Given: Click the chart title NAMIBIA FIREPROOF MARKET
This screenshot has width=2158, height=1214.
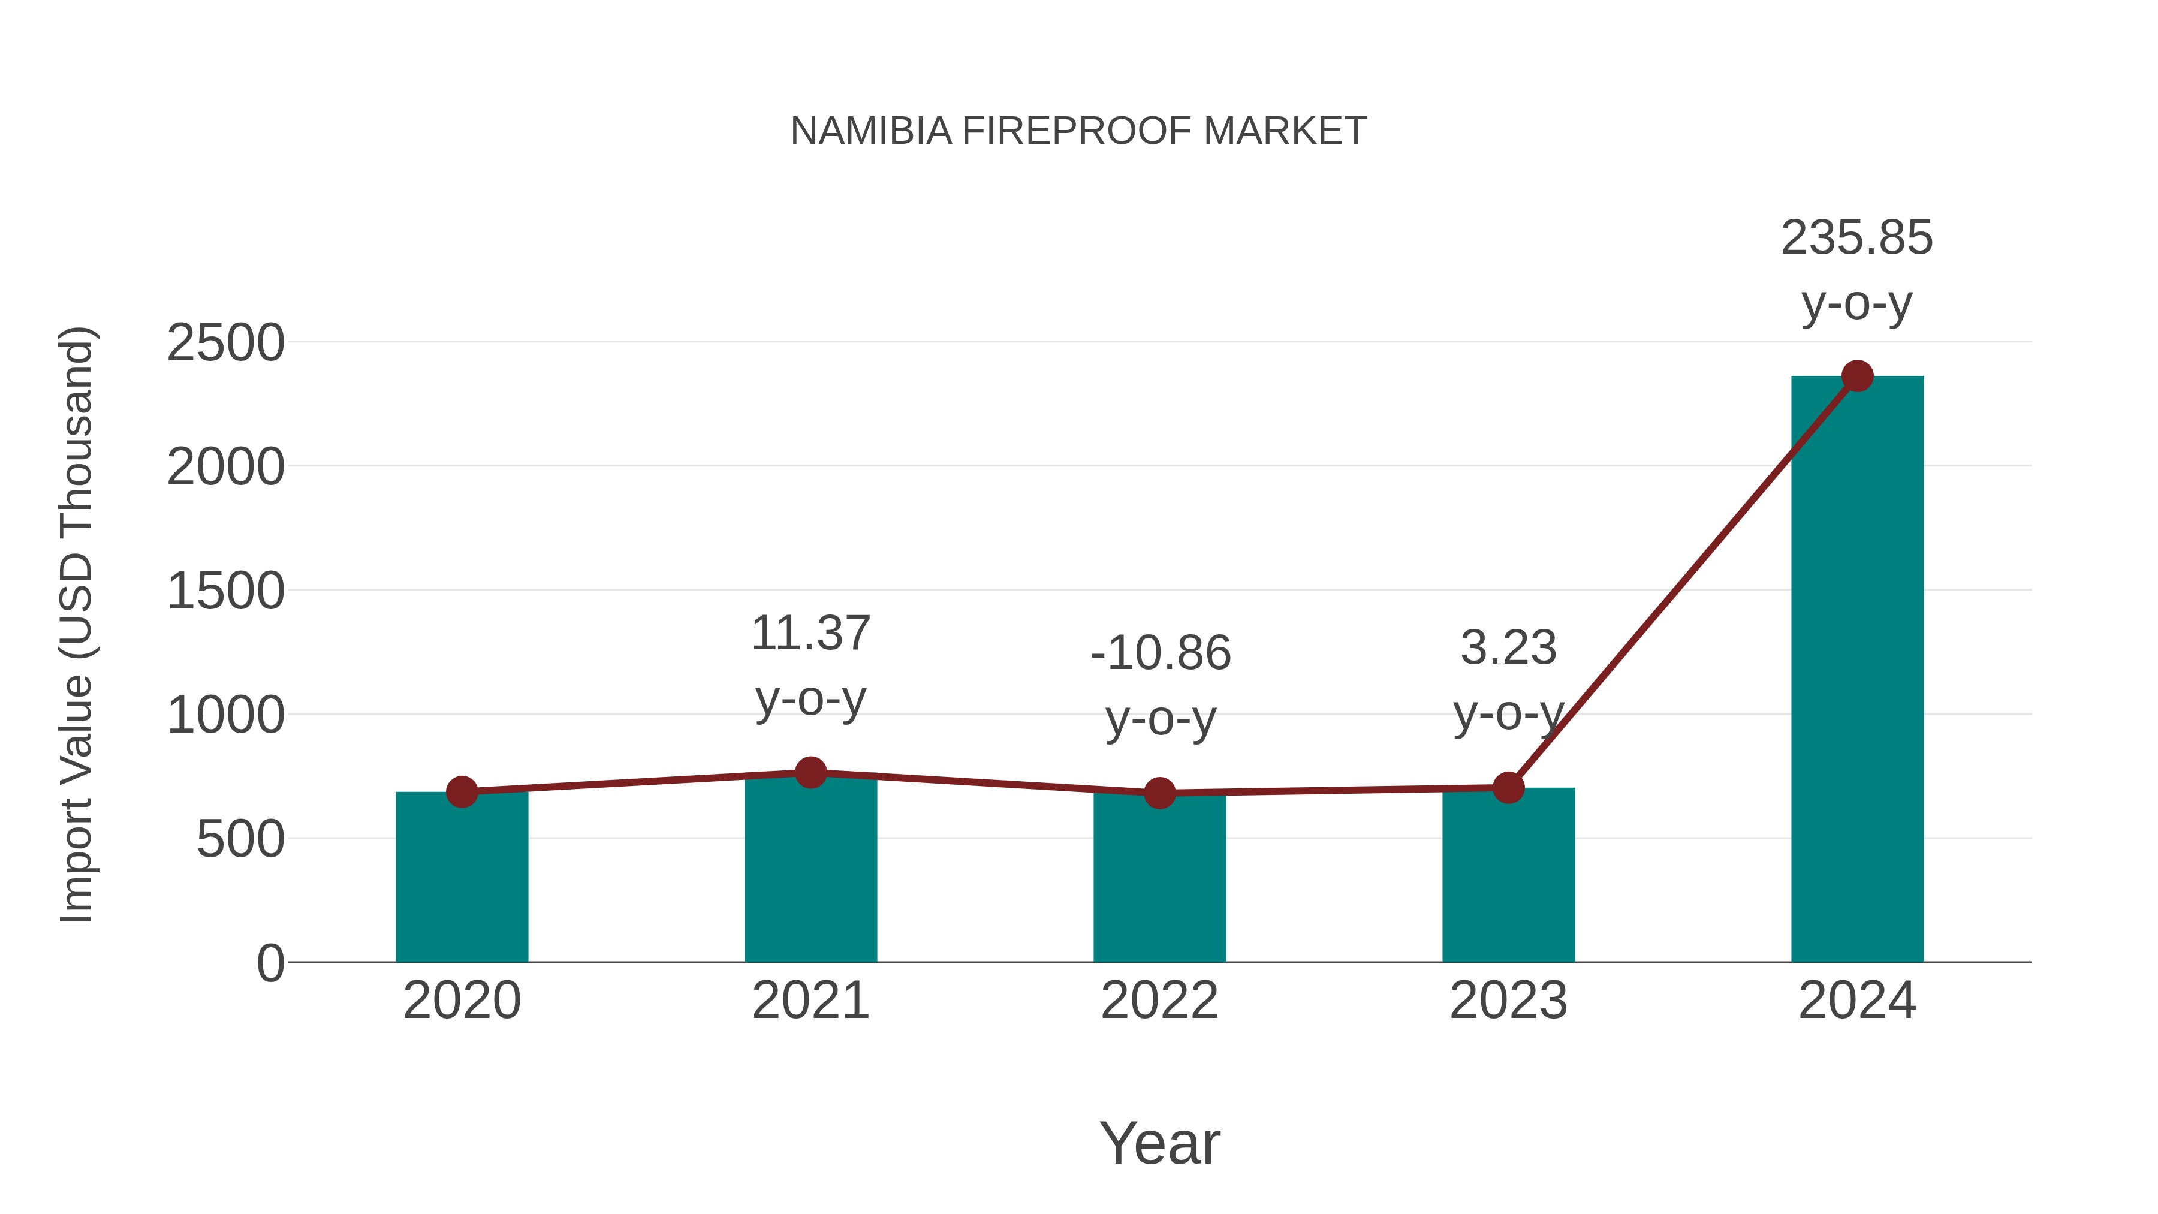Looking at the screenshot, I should (1078, 131).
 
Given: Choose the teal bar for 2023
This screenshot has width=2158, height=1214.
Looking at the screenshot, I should (1508, 875).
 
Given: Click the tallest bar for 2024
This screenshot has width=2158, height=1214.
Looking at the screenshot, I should (1856, 670).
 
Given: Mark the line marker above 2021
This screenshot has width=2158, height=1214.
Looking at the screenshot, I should (810, 773).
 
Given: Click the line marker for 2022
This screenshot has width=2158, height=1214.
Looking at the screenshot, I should (1159, 793).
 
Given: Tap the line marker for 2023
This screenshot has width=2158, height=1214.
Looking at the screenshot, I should (1508, 788).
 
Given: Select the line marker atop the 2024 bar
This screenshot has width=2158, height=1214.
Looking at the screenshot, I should (1856, 376).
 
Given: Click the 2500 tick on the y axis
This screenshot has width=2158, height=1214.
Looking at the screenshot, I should (225, 343).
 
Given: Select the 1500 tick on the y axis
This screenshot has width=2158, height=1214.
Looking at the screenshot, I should (225, 592).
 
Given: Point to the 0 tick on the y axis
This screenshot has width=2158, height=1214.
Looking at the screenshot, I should (270, 963).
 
